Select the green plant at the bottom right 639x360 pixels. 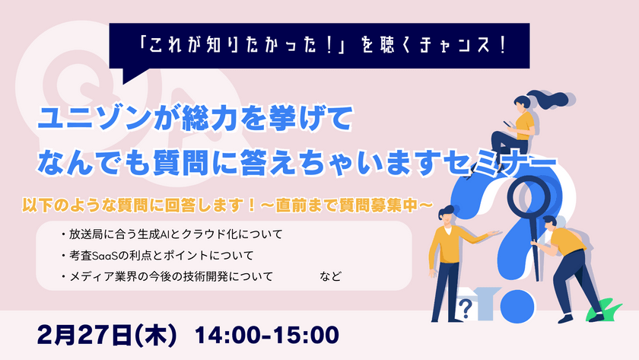pyautogui.click(x=606, y=308)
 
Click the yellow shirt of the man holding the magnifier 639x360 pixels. pyautogui.click(x=566, y=243)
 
